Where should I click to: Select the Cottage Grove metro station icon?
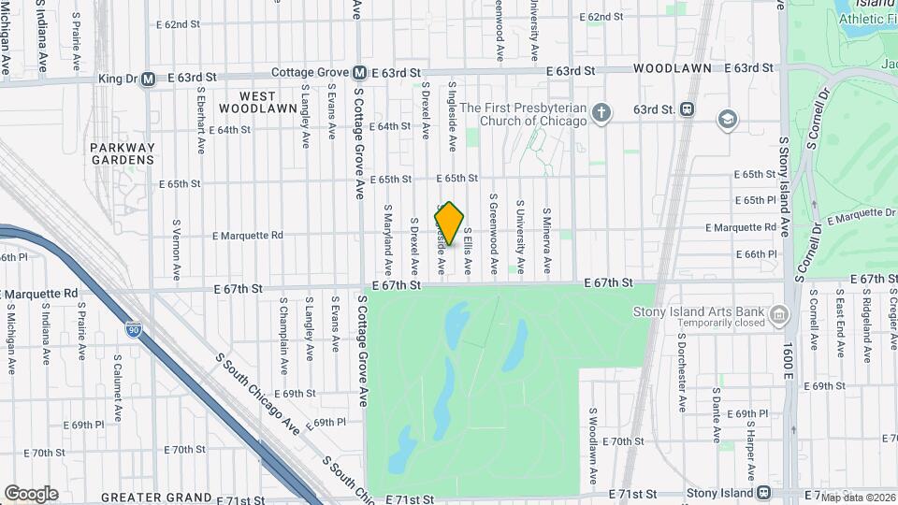coord(358,72)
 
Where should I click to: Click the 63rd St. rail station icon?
coord(688,109)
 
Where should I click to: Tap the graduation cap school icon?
coord(727,120)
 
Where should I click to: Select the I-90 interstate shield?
coord(135,329)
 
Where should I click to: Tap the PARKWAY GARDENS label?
coord(123,153)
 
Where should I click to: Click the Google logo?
coord(31,493)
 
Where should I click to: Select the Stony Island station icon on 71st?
coord(763,492)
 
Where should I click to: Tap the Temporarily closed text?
coord(705,323)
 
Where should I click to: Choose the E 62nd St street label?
coord(601,17)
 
